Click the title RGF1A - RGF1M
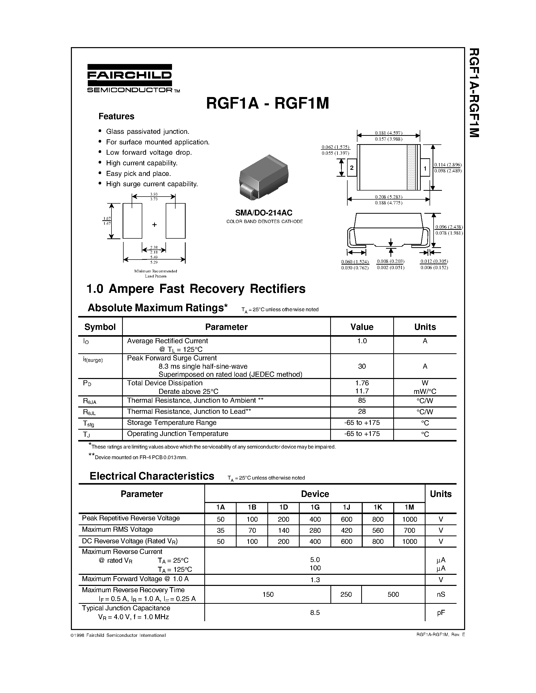pyautogui.click(x=267, y=103)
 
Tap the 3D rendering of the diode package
pyautogui.click(x=263, y=177)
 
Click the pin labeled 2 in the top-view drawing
pyautogui.click(x=352, y=168)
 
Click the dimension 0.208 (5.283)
pyautogui.click(x=388, y=197)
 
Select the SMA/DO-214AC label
pyautogui.click(x=264, y=213)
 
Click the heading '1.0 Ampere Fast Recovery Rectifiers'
pyautogui.click(x=196, y=289)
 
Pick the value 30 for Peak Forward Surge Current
pyautogui.click(x=362, y=366)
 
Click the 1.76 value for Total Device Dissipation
pyautogui.click(x=362, y=383)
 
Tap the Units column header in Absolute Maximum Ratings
pyautogui.click(x=425, y=327)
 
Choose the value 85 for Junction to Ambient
pyautogui.click(x=362, y=400)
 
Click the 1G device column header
pyautogui.click(x=315, y=507)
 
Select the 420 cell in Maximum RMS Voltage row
pyautogui.click(x=346, y=530)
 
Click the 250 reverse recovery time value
pyautogui.click(x=346, y=594)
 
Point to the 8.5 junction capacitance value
pyautogui.click(x=315, y=613)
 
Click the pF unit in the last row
pyautogui.click(x=441, y=613)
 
